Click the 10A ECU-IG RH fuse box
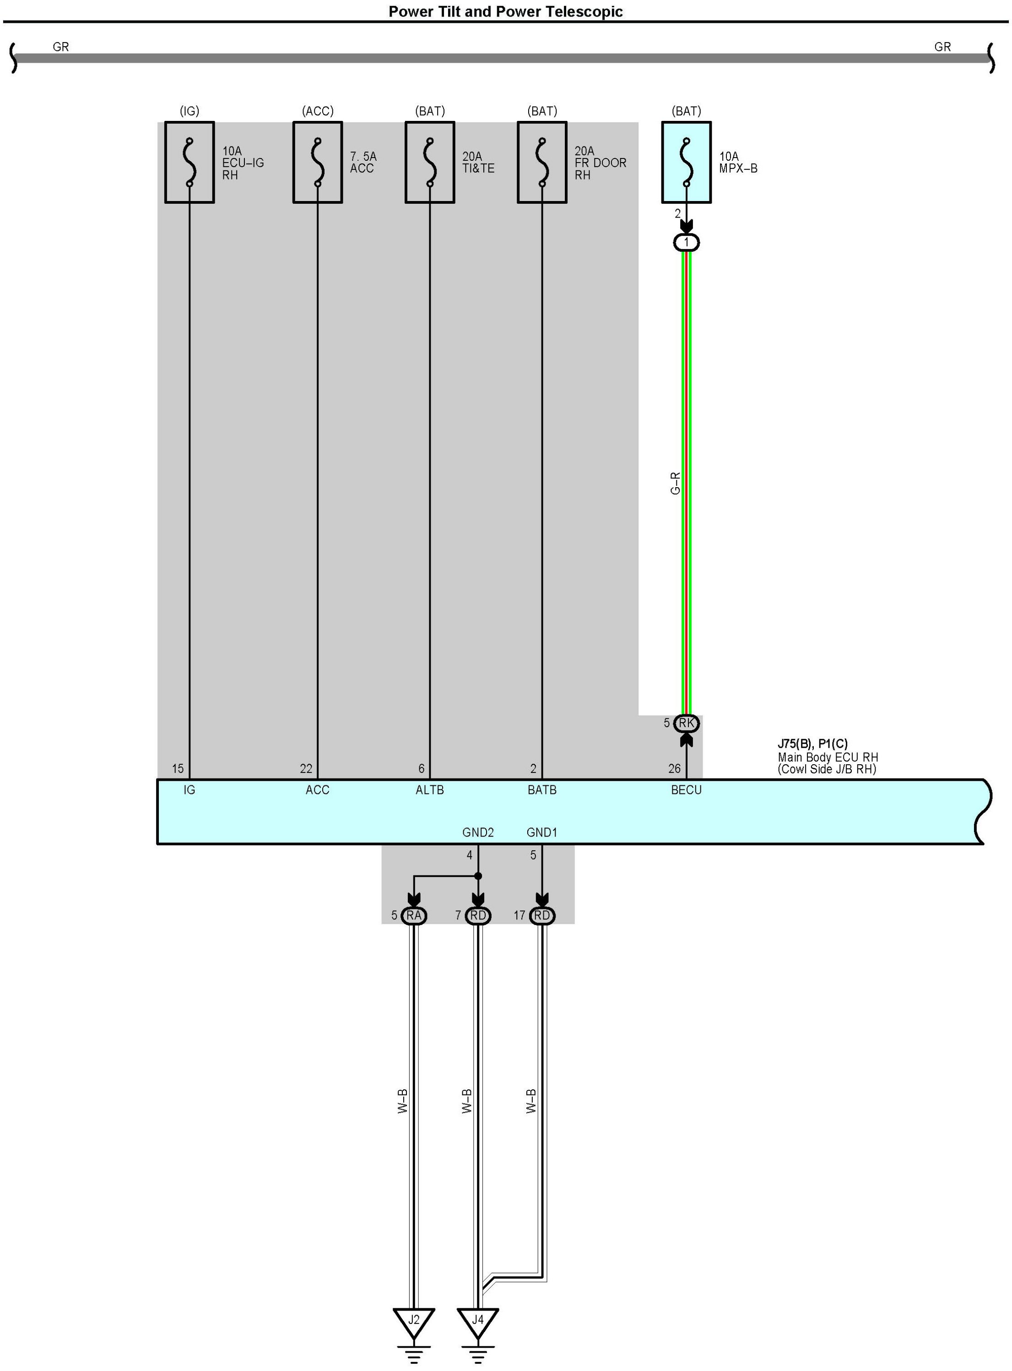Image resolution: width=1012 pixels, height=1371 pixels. click(x=189, y=163)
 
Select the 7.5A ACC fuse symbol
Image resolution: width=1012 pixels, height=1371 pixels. click(x=317, y=163)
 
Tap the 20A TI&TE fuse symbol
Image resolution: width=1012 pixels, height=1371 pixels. click(x=429, y=163)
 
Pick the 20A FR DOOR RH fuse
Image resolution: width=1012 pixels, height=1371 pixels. click(x=541, y=163)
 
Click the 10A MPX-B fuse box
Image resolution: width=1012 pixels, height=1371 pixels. click(x=686, y=163)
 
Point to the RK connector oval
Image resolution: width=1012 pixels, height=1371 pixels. click(x=686, y=723)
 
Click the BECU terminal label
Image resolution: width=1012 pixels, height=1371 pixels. click(x=686, y=790)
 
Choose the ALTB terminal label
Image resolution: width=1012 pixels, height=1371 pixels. click(x=429, y=790)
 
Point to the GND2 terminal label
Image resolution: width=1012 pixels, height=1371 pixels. click(x=478, y=832)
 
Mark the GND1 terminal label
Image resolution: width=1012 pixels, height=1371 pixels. click(x=541, y=832)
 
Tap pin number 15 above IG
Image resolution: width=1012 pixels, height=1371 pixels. click(x=178, y=768)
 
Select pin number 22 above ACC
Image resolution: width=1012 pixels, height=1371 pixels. click(x=306, y=768)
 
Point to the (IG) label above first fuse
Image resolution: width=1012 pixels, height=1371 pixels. click(x=189, y=111)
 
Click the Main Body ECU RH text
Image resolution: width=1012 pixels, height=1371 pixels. click(x=828, y=757)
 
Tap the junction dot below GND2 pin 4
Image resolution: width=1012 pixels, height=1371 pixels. click(x=478, y=876)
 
